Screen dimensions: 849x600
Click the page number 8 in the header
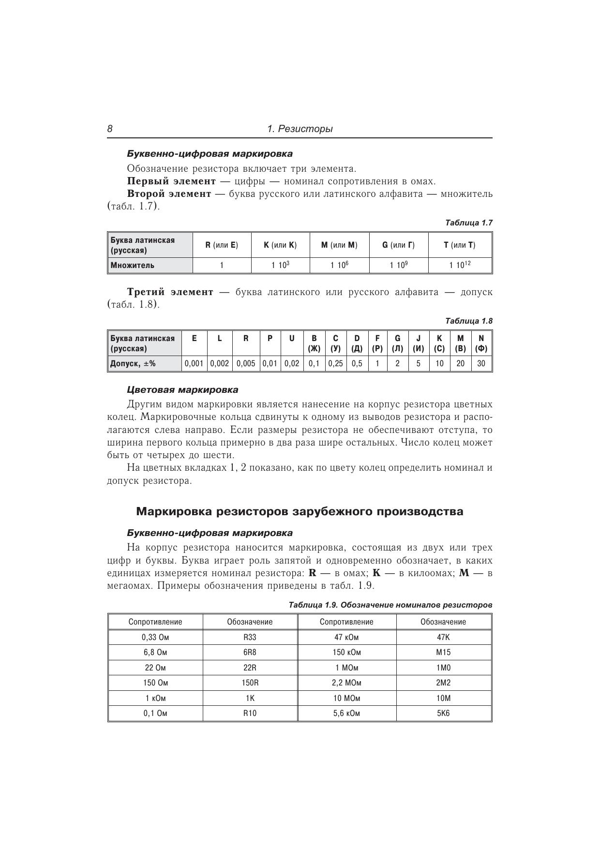click(110, 129)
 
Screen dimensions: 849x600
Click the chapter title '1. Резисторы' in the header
click(300, 129)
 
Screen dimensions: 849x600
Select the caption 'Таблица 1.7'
click(468, 223)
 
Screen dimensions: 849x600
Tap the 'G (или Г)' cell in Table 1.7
click(398, 245)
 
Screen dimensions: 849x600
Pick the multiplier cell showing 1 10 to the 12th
click(460, 265)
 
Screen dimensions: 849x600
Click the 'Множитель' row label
click(133, 265)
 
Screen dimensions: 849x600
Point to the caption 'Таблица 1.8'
click(468, 321)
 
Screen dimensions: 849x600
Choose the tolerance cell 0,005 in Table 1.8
click(246, 363)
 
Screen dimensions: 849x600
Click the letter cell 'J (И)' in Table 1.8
click(418, 343)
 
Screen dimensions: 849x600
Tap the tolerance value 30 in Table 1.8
click(481, 363)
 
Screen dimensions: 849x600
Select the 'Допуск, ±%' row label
click(133, 363)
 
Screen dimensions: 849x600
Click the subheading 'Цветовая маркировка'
click(182, 389)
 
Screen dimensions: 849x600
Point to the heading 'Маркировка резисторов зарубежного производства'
click(300, 511)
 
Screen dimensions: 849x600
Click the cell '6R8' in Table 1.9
click(250, 652)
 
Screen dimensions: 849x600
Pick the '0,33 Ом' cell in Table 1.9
click(155, 637)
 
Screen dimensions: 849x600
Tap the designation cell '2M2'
click(443, 683)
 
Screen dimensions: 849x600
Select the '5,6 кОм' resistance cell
click(346, 713)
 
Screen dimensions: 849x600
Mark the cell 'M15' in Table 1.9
click(443, 652)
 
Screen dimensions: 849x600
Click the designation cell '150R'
click(250, 683)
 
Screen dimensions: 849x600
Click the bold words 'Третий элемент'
click(170, 292)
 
